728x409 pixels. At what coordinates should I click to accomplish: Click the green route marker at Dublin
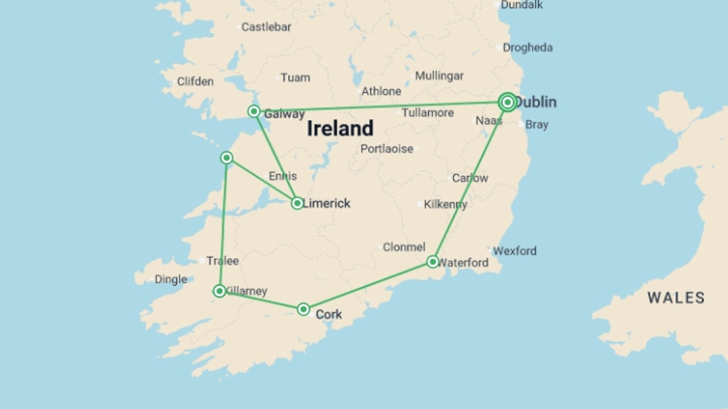tap(507, 102)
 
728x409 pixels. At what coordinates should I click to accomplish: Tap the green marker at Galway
tap(254, 111)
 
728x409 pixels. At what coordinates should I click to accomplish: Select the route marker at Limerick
tap(297, 203)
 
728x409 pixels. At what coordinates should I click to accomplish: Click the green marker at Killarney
tap(219, 291)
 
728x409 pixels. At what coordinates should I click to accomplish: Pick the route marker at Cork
tap(303, 309)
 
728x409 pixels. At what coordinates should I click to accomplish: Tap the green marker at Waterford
tap(433, 262)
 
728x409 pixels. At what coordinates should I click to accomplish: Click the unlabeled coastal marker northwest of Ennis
tap(226, 158)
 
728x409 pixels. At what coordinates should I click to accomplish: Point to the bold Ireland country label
tap(340, 128)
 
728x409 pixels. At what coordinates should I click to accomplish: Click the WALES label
tap(676, 298)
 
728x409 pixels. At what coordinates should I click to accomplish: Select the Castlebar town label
tap(266, 27)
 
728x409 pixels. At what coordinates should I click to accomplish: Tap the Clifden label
tap(195, 81)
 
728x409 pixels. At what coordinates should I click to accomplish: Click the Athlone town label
tap(381, 91)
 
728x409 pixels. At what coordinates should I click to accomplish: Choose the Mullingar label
tap(439, 76)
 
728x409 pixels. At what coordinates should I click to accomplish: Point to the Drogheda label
tap(527, 48)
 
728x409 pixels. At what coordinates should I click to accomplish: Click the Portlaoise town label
tap(386, 149)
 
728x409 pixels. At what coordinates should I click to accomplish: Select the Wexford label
tap(515, 251)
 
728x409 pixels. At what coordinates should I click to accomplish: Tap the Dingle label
tap(171, 279)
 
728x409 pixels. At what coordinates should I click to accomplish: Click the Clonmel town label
tap(404, 247)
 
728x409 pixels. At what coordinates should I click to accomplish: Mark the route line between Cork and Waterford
tap(368, 286)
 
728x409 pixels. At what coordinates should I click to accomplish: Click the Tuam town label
tap(295, 78)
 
